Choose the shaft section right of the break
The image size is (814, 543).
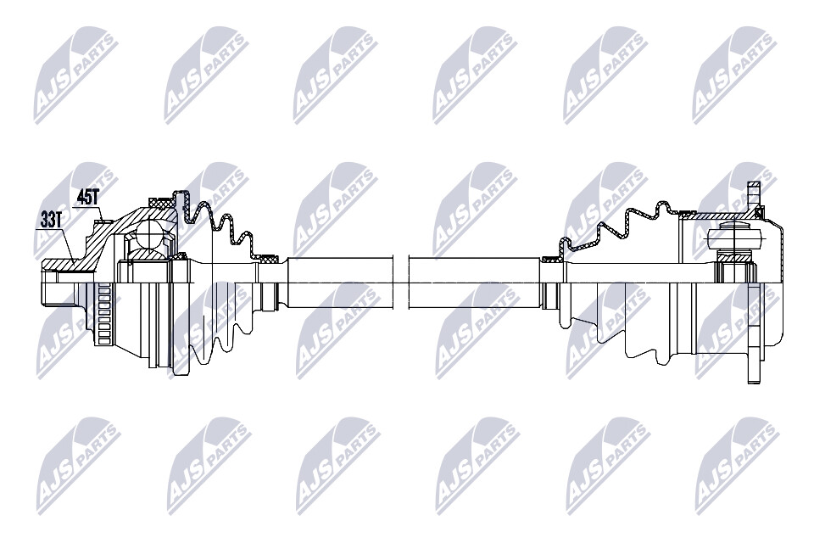tap(475, 283)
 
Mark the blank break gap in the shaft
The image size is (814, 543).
tap(402, 283)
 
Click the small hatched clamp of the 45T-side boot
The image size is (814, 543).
tap(270, 256)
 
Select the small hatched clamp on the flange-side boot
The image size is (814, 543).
tap(551, 255)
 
